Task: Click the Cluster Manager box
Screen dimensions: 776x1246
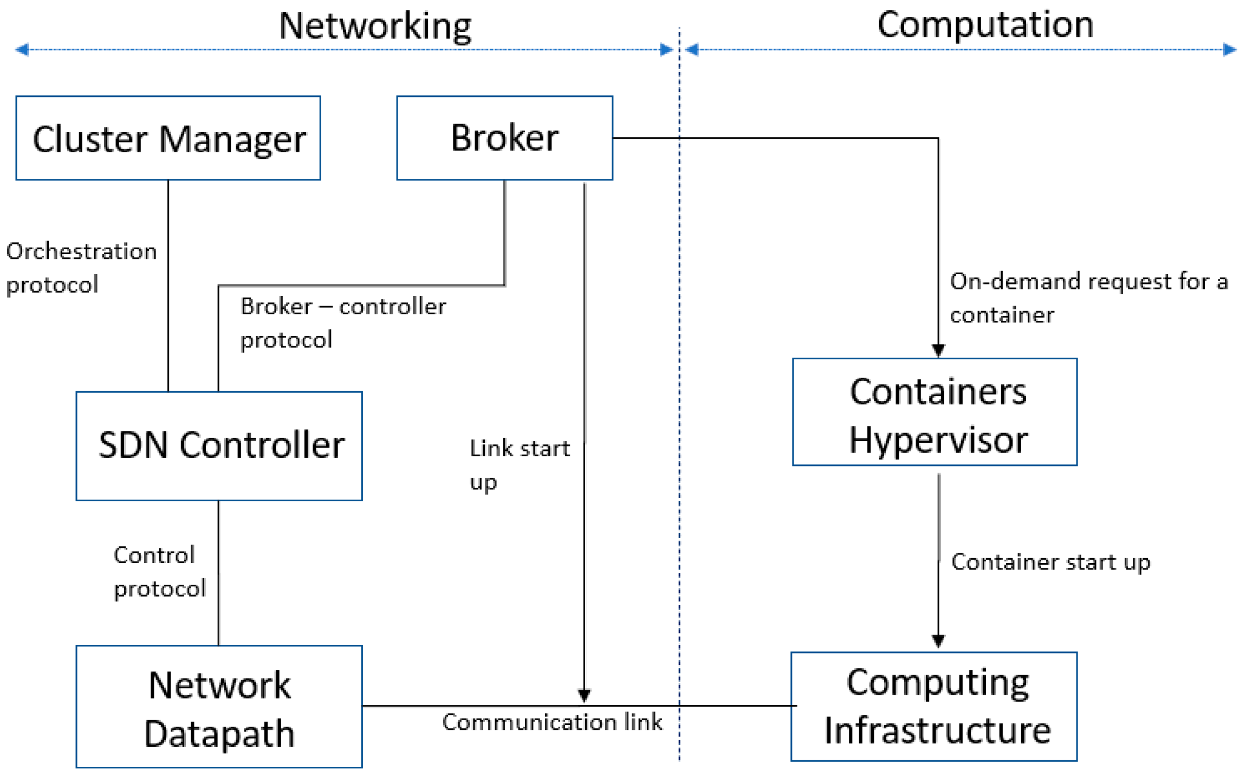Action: click(168, 138)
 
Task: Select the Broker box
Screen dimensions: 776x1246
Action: click(504, 138)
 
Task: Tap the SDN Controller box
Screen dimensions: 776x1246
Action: click(219, 445)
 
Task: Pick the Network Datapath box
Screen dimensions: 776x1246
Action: click(219, 706)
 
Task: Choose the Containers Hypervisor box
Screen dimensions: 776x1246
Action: click(934, 412)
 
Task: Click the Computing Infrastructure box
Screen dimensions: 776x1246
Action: click(934, 706)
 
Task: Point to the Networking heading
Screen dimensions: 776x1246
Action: click(375, 25)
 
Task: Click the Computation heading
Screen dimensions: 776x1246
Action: click(985, 24)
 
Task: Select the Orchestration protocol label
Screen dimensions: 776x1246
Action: click(81, 268)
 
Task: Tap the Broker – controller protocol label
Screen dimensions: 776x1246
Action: click(342, 323)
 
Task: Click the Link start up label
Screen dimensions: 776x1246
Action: click(519, 464)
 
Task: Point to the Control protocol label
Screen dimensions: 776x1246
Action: click(159, 571)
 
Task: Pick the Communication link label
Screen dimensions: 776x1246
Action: click(551, 722)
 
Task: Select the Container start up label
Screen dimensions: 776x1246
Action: click(1050, 562)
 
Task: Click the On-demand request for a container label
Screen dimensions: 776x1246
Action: click(1088, 298)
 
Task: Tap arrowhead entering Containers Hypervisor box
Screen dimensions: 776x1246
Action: click(938, 350)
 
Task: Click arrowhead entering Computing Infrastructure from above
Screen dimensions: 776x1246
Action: click(938, 641)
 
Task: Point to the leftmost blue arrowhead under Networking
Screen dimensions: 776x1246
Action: click(22, 50)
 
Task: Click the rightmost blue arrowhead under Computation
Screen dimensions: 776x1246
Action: click(1230, 50)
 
